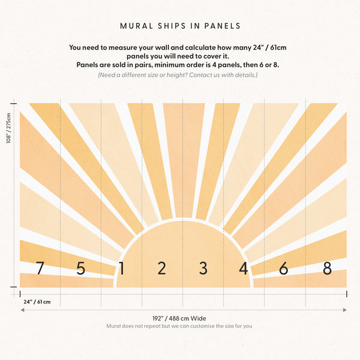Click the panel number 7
pos(40,268)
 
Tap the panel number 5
pos(80,268)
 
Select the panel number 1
pos(121,268)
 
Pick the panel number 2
pos(161,268)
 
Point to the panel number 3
pos(203,268)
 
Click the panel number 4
pos(243,268)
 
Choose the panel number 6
pos(283,268)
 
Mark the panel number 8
pos(327,268)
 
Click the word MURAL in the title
pos(136,26)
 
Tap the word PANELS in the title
pos(221,26)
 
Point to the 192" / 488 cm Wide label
pos(179,318)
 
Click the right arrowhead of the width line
pos(345,310)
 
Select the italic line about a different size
pos(178,75)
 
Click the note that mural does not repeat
pos(179,326)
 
